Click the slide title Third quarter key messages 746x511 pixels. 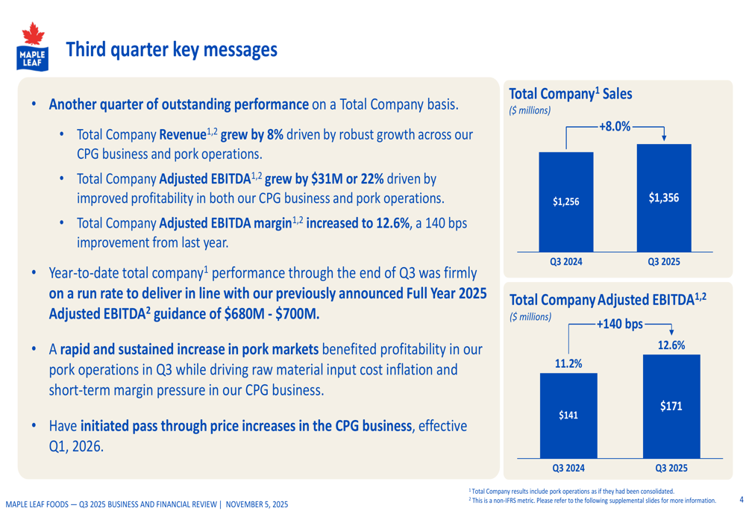(x=172, y=50)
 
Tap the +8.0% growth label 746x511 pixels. (x=614, y=127)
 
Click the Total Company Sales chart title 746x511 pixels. (x=569, y=94)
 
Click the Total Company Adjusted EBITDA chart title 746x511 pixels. (x=606, y=300)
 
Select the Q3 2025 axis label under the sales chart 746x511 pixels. (x=663, y=262)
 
